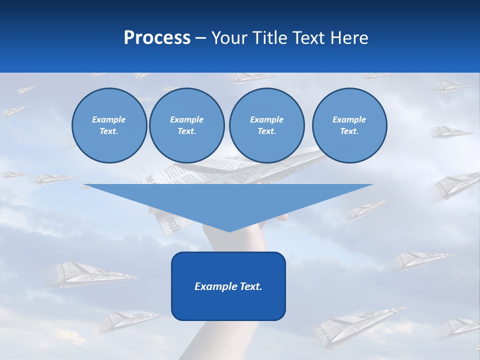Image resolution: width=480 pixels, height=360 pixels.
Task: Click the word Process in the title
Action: [157, 38]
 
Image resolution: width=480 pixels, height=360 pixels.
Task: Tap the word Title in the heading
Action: [271, 38]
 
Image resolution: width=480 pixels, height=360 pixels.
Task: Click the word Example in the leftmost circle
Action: [109, 119]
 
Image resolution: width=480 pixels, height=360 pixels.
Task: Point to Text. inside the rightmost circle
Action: [349, 131]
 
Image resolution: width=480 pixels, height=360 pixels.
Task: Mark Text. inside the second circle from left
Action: [186, 131]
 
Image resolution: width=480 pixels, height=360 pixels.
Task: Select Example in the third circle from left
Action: [266, 119]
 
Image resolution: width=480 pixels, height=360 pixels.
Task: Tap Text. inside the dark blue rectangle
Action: [250, 286]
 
